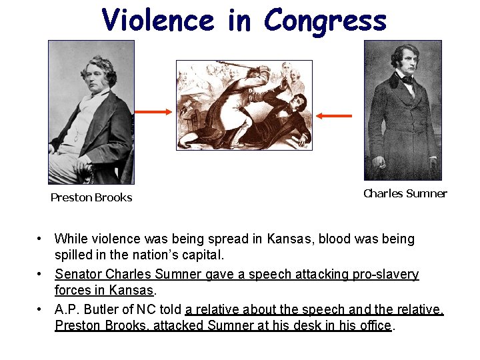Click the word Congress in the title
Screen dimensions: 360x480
(325, 21)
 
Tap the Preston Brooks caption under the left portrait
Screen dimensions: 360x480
(91, 197)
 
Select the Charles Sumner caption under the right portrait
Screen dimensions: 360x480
(405, 194)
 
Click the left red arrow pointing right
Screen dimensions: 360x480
(157, 112)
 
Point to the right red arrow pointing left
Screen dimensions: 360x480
(334, 116)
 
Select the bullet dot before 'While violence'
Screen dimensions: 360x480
(41, 239)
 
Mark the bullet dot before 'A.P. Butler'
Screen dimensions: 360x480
(41, 309)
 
